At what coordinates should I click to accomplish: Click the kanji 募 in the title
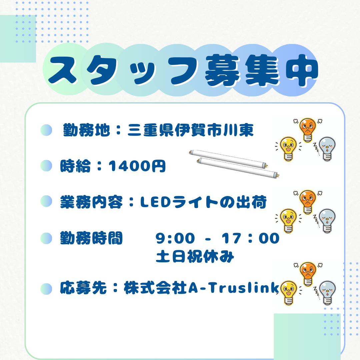click(x=222, y=70)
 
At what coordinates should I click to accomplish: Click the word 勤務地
click(x=86, y=130)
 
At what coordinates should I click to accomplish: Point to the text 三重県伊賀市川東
click(x=191, y=130)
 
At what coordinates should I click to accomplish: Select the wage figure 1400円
click(x=137, y=166)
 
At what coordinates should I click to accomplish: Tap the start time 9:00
click(x=175, y=238)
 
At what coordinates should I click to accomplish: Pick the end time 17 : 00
click(x=251, y=238)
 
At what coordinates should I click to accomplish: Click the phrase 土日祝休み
click(x=195, y=256)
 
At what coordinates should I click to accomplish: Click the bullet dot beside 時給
click(x=46, y=166)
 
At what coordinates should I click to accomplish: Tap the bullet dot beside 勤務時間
click(x=46, y=238)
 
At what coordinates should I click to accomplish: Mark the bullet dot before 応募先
click(x=46, y=289)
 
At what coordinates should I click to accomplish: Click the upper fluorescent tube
click(x=228, y=159)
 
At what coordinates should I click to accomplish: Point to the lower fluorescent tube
click(x=238, y=168)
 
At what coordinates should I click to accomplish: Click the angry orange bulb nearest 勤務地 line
click(x=308, y=130)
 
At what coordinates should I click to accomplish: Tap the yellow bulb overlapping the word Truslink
click(x=289, y=293)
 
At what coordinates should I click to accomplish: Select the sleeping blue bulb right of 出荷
click(x=326, y=221)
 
